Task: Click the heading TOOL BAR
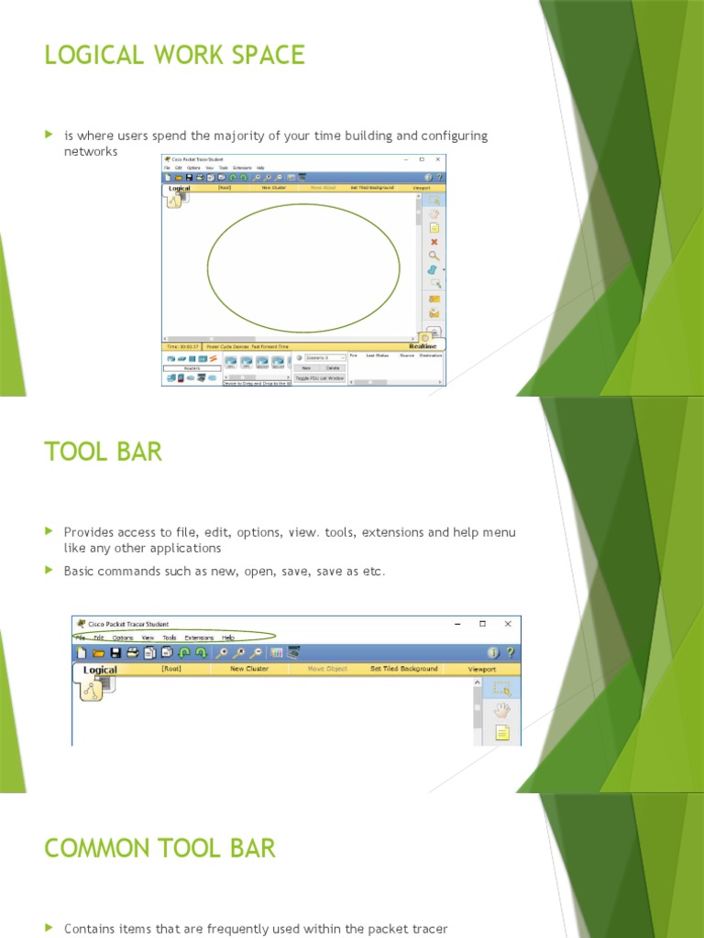pyautogui.click(x=103, y=451)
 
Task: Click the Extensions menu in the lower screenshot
pyautogui.click(x=199, y=638)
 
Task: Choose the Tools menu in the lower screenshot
pyautogui.click(x=170, y=638)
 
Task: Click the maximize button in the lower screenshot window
pyautogui.click(x=482, y=624)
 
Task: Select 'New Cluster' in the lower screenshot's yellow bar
pyautogui.click(x=249, y=669)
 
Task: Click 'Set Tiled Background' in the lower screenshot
pyautogui.click(x=403, y=669)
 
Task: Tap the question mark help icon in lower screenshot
pyautogui.click(x=511, y=652)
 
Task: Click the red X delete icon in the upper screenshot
pyautogui.click(x=434, y=242)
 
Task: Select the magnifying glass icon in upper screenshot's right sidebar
pyautogui.click(x=434, y=256)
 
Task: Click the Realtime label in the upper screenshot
pyautogui.click(x=422, y=347)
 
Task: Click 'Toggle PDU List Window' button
pyautogui.click(x=320, y=377)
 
